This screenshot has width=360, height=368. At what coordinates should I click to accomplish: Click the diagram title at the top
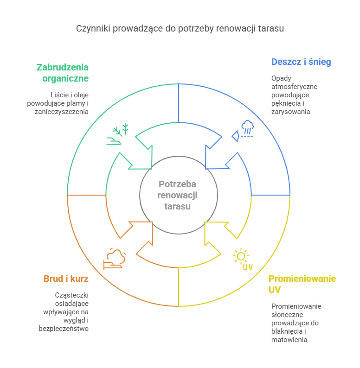click(x=180, y=28)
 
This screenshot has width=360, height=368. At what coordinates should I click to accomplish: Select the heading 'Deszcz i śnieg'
click(x=301, y=62)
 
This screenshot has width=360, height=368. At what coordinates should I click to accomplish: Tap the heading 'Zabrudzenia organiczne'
click(x=63, y=73)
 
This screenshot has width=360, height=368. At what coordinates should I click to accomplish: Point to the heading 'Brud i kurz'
click(x=66, y=279)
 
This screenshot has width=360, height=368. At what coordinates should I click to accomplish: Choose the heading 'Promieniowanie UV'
click(x=302, y=284)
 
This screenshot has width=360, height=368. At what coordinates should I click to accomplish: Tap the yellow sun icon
click(x=240, y=256)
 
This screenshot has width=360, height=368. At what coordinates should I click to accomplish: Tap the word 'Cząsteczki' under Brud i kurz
click(x=72, y=295)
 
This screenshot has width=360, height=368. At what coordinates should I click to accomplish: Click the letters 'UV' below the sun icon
click(x=248, y=267)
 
